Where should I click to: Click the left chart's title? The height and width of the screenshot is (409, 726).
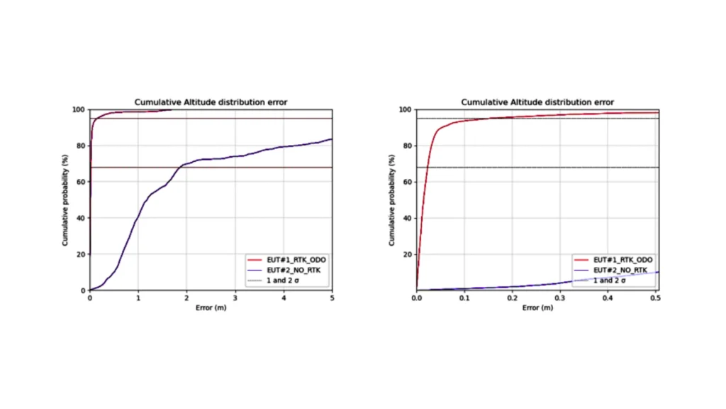pos(211,102)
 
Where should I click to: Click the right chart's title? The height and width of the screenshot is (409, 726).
pos(537,102)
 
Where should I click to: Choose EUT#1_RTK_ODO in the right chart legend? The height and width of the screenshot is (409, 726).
pos(622,260)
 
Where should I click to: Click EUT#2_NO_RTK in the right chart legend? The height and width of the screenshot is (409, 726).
pos(620,271)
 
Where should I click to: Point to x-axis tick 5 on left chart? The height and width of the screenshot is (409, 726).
pos(332,298)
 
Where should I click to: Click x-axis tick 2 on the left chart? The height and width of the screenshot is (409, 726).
pos(186,298)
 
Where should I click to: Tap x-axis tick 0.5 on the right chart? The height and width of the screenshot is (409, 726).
pos(656,298)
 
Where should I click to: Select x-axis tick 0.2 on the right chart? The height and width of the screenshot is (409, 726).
pos(512,298)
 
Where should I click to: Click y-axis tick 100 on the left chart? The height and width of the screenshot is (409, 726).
pos(78,110)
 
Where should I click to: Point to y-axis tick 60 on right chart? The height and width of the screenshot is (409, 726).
pos(407,182)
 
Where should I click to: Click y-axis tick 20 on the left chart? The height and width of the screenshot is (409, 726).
pos(80,254)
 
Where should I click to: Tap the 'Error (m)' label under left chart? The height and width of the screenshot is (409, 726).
pos(211,307)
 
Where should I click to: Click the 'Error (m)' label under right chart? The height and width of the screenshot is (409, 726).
pos(537,307)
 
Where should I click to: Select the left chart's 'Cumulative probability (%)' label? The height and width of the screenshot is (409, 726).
pos(65,200)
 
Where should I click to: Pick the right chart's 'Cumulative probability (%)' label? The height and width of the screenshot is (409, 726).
pos(391,200)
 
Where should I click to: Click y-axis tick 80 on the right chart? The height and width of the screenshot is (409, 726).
pos(407,146)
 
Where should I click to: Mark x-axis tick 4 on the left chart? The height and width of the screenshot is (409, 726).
pos(284,298)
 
